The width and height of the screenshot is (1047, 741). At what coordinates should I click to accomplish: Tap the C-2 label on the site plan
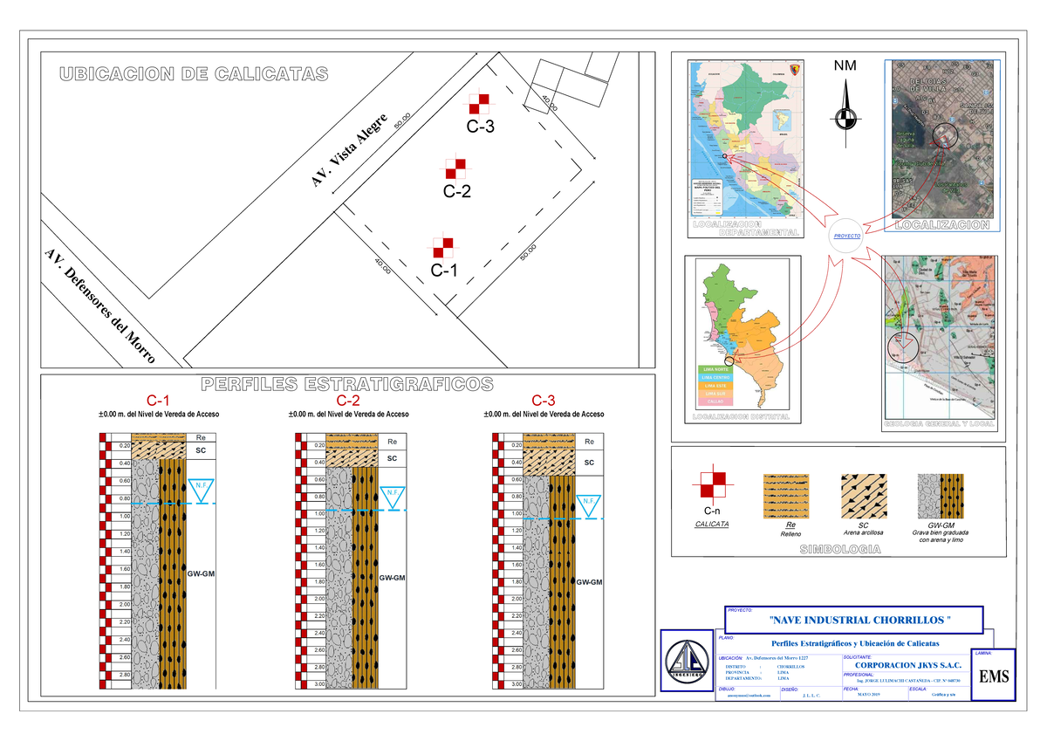click(x=456, y=191)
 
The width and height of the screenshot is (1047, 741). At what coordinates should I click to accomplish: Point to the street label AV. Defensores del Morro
click(x=99, y=306)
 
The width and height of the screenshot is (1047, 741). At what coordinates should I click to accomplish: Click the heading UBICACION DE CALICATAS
click(x=194, y=74)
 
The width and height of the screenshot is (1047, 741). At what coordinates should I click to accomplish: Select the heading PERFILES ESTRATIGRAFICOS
click(x=347, y=384)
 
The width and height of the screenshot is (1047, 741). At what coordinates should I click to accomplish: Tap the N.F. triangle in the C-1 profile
click(x=202, y=491)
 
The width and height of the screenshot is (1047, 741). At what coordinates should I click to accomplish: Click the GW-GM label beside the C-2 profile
click(x=392, y=578)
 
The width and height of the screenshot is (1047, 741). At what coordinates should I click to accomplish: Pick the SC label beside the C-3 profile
click(x=589, y=463)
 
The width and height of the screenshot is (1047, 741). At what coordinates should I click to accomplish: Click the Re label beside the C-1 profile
click(x=201, y=437)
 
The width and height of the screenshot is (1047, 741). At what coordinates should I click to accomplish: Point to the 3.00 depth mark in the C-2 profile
click(x=320, y=684)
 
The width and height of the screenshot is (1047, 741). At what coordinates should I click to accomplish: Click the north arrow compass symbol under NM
click(x=845, y=119)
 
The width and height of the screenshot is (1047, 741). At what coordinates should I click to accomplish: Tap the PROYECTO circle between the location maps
click(x=846, y=237)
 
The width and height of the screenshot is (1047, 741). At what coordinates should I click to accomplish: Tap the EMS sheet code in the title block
click(x=993, y=676)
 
